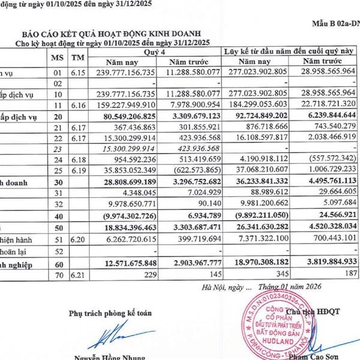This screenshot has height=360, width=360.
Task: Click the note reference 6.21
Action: pos(77,275)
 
